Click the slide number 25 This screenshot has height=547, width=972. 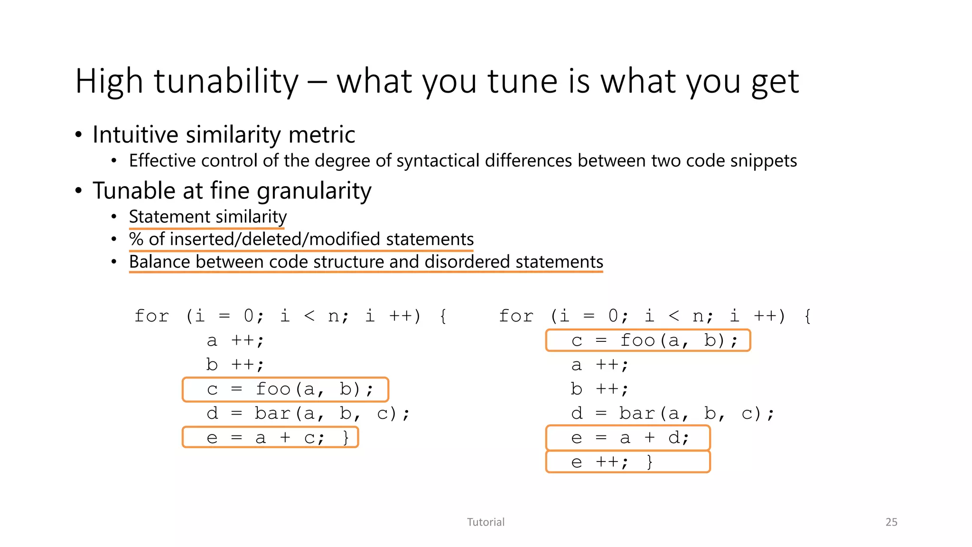(891, 522)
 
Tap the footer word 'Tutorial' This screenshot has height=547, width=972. (486, 522)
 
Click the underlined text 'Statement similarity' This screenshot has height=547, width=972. (208, 217)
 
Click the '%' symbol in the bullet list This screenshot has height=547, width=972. (136, 239)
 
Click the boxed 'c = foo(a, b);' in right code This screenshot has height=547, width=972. (648, 340)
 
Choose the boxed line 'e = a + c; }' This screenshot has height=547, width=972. (271, 437)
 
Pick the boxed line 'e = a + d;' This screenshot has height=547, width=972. (628, 437)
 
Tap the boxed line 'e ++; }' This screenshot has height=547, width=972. (628, 462)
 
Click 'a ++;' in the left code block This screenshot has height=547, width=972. (235, 340)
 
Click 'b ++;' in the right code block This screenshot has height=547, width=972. (599, 389)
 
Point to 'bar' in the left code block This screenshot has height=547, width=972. (272, 414)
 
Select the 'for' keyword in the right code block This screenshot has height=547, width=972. (516, 316)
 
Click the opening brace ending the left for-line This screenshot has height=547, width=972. (443, 316)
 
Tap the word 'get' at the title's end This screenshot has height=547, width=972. (775, 82)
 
